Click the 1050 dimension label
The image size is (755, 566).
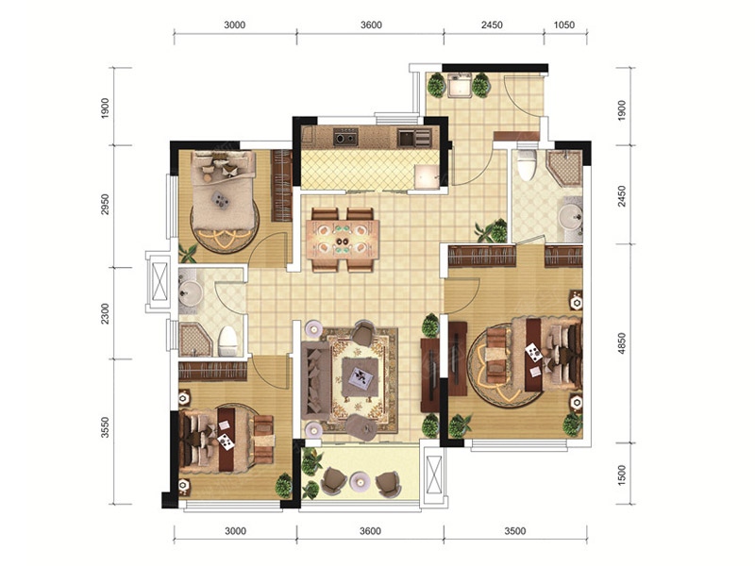pos(563,25)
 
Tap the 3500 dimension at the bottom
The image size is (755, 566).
pos(514,531)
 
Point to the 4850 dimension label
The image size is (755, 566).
pos(622,343)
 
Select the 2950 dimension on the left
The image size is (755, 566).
pos(105,205)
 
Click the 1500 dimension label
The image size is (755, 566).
pos(622,474)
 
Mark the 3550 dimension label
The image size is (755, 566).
pos(105,427)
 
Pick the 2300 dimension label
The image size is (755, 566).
pos(105,313)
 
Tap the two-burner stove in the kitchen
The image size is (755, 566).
pos(346,137)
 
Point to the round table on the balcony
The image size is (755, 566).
pos(360,480)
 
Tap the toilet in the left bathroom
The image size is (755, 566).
pos(227,341)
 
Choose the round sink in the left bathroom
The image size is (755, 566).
pos(192,291)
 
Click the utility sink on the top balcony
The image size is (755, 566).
pos(459,85)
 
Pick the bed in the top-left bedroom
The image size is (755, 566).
pos(223,191)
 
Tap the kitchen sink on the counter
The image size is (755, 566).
pos(407,139)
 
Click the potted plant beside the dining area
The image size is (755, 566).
pos(493,231)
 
